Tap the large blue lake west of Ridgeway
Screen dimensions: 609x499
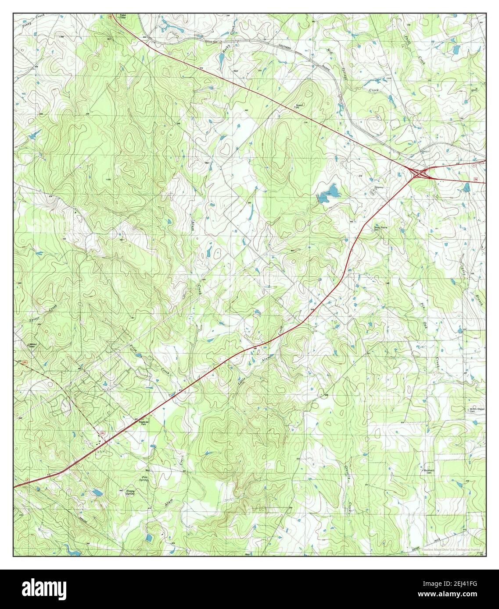(329, 192)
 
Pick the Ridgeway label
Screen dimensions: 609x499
(379, 188)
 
